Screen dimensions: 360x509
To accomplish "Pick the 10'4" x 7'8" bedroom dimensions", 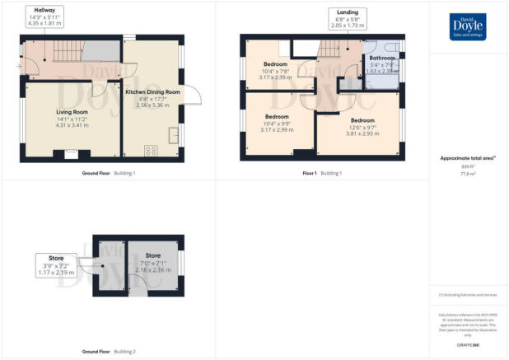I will click(275, 72).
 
